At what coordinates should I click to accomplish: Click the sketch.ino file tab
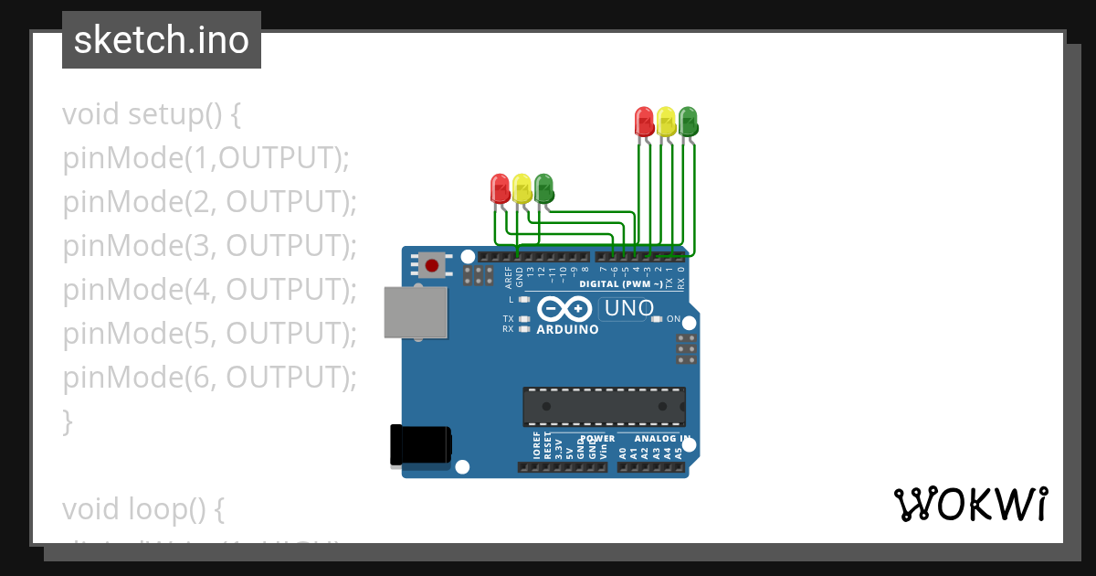(162, 40)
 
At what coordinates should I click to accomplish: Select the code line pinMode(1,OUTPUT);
(206, 158)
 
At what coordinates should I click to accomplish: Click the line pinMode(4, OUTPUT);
(209, 290)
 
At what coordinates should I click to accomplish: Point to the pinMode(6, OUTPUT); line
(209, 378)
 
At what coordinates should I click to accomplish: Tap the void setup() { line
(152, 114)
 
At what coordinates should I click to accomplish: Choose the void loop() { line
(143, 509)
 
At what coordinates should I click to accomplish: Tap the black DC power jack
(420, 445)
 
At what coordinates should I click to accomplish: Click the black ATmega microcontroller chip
(604, 407)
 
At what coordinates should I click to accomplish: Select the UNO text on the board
(628, 308)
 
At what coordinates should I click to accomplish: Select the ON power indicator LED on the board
(657, 319)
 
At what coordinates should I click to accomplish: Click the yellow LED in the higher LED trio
(666, 122)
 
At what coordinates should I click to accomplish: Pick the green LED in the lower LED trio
(543, 188)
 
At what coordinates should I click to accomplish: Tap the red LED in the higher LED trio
(644, 122)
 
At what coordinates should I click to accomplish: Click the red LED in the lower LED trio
(500, 188)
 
